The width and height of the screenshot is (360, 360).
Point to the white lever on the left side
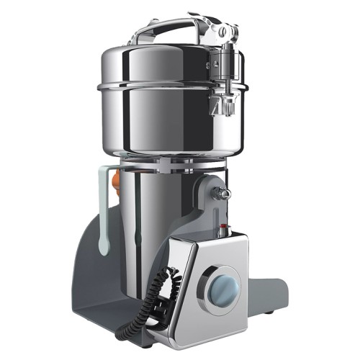click(105, 209)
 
